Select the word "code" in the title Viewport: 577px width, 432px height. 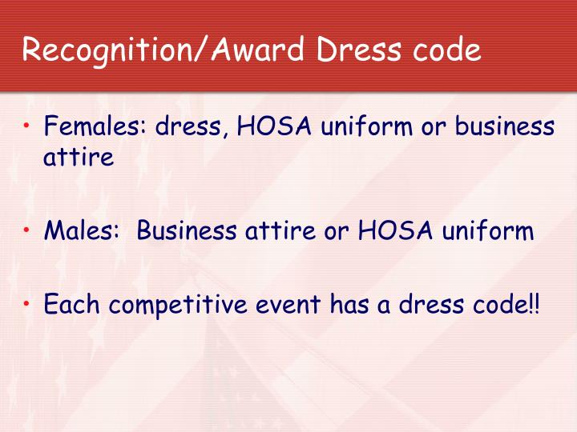click(446, 50)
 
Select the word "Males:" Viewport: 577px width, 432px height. click(82, 232)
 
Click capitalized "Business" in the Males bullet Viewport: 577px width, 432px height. click(184, 232)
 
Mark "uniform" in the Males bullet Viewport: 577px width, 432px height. click(486, 232)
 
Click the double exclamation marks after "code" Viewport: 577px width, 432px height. click(535, 305)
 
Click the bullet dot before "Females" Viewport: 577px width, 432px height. click(28, 126)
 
